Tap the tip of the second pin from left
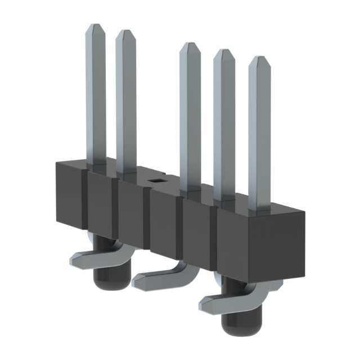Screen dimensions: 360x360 125,33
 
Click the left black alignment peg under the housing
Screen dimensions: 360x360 103,267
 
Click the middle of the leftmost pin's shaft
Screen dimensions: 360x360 96,96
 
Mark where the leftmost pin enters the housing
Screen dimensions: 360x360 96,162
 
